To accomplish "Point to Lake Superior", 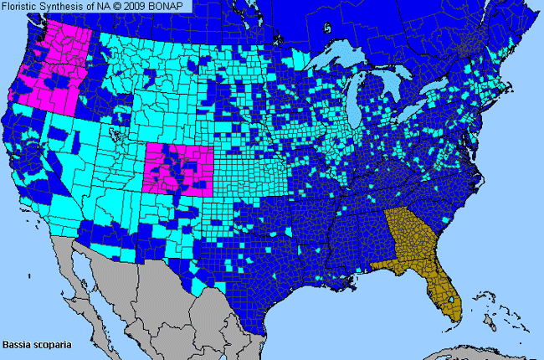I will pyautogui.click(x=343, y=59).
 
